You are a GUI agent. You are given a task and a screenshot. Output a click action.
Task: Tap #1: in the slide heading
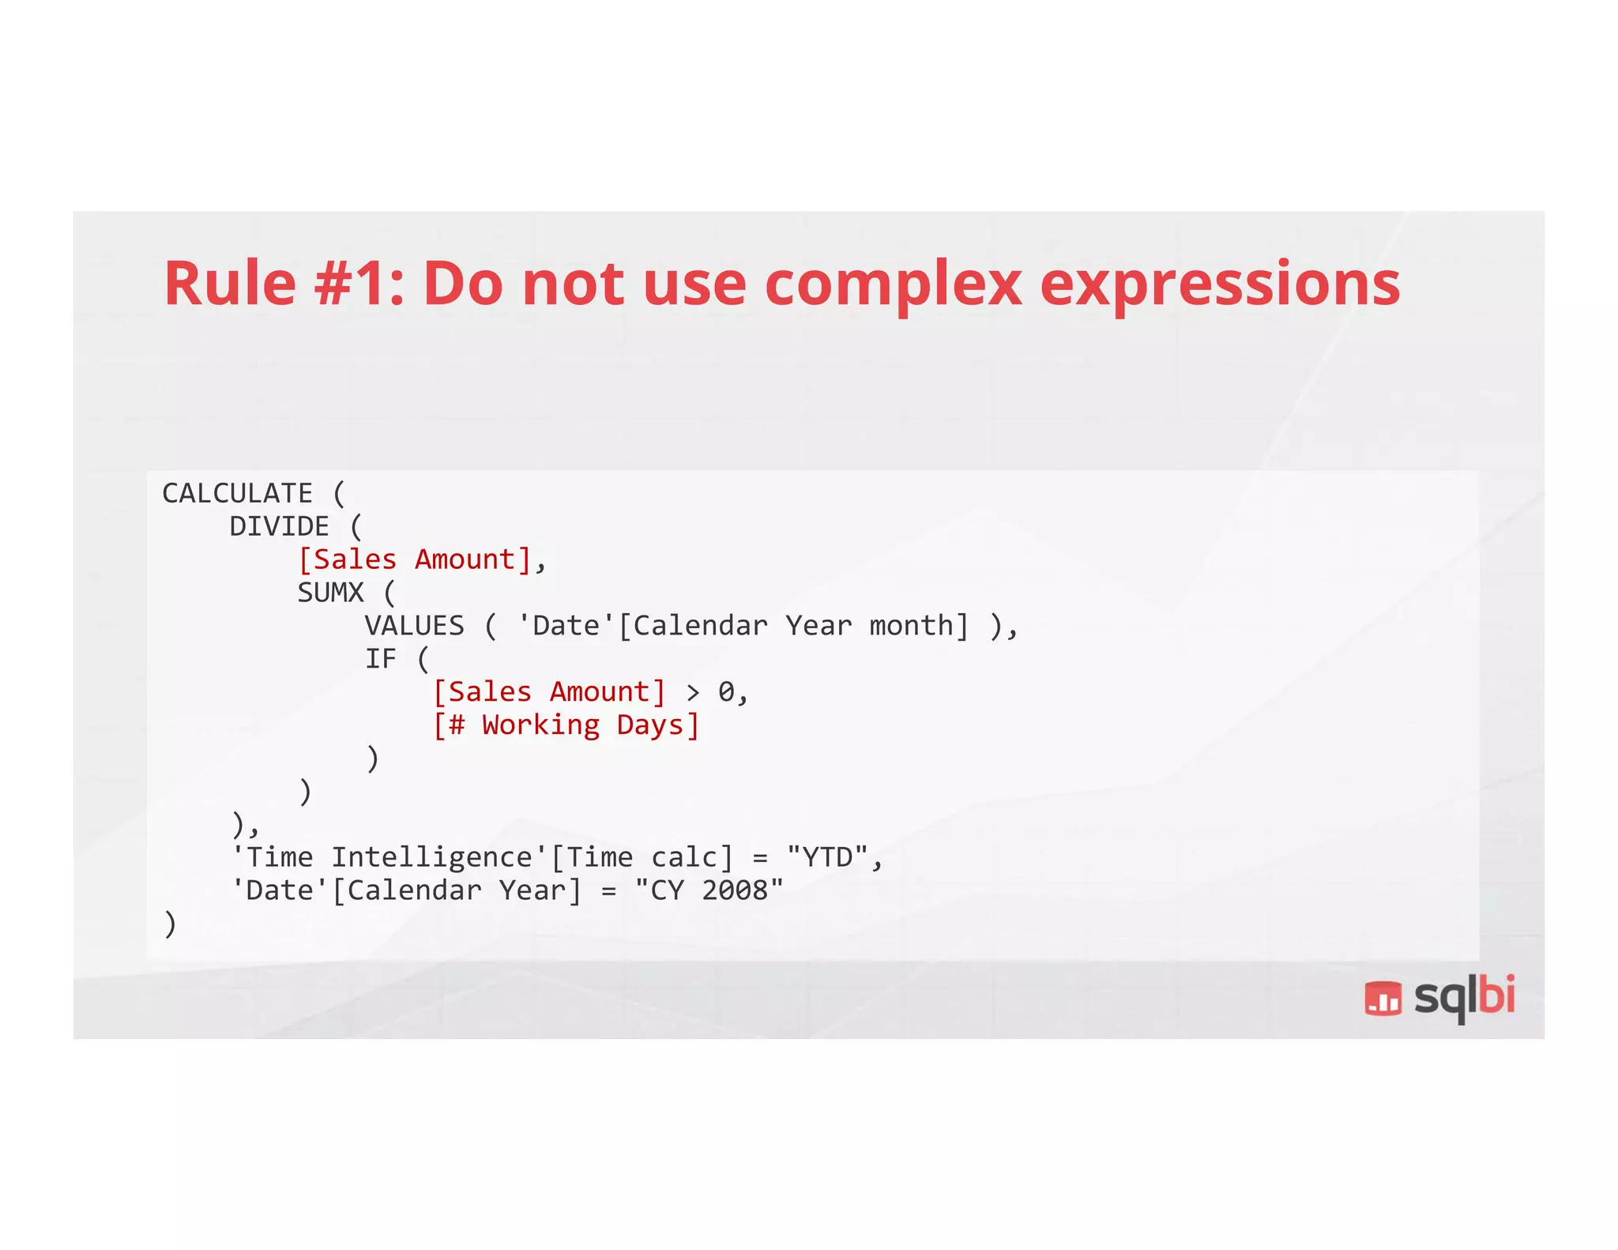click(x=359, y=284)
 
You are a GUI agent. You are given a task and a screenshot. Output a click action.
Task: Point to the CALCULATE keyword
click(x=237, y=494)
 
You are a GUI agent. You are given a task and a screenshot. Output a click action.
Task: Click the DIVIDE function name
click(x=279, y=527)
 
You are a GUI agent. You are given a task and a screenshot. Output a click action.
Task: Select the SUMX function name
click(x=330, y=593)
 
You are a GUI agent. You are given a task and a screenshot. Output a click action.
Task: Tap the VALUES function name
click(x=414, y=626)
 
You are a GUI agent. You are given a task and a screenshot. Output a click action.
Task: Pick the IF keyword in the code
click(x=380, y=659)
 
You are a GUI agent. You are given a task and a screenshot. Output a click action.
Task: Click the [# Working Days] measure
click(x=566, y=725)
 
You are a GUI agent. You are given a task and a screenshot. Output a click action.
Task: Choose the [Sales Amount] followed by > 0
click(x=550, y=692)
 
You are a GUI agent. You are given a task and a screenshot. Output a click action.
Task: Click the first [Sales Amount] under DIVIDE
click(x=415, y=560)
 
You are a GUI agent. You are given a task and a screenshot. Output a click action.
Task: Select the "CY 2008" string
click(x=709, y=890)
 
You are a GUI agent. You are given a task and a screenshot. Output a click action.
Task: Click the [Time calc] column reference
click(x=642, y=857)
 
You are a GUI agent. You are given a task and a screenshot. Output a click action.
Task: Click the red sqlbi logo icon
click(x=1383, y=998)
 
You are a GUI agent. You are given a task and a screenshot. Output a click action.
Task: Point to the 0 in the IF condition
click(x=726, y=692)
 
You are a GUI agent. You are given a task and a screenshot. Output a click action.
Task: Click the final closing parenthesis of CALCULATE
click(x=170, y=924)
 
